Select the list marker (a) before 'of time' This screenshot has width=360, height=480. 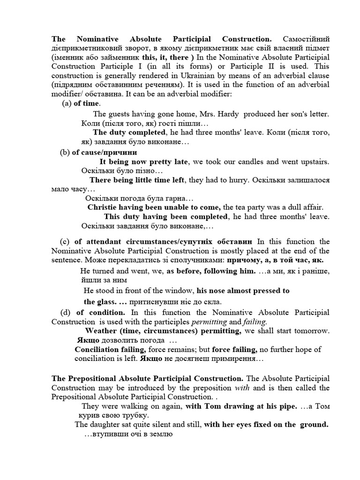(67, 103)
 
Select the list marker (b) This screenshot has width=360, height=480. (65, 152)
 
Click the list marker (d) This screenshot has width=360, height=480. (67, 312)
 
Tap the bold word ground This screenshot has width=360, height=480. (314, 425)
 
